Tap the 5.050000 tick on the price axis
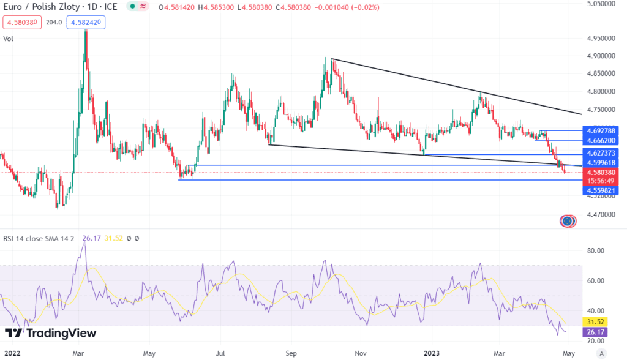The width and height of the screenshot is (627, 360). point(599,4)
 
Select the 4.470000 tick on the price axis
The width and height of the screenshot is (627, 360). point(599,215)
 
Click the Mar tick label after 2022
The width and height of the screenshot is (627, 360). point(78,353)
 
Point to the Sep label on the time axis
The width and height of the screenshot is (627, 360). point(291,353)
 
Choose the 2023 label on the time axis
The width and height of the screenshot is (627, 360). point(432,353)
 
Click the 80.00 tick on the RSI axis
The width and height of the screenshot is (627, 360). point(596,251)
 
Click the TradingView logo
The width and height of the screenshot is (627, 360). point(50,333)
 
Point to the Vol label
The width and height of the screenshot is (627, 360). point(9,39)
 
